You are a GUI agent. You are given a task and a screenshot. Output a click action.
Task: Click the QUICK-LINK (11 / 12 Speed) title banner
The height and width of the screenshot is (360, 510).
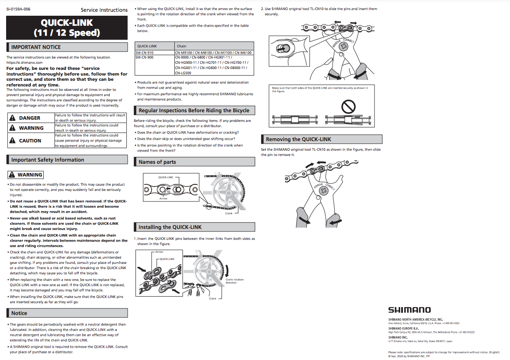[67, 28]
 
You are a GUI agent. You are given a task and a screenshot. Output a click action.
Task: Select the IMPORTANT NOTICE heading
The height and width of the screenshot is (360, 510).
[36, 47]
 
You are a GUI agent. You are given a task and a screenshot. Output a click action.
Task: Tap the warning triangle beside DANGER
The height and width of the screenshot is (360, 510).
[12, 118]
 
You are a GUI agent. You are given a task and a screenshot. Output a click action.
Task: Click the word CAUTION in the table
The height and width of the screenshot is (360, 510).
[30, 141]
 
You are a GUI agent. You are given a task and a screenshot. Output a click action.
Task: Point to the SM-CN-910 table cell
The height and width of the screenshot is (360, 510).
[155, 53]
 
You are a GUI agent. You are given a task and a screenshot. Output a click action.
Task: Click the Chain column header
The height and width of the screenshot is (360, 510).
[181, 46]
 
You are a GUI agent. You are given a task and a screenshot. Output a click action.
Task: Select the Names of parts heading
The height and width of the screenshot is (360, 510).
[157, 162]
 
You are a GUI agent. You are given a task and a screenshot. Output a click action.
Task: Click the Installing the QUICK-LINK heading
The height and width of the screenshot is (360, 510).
[170, 227]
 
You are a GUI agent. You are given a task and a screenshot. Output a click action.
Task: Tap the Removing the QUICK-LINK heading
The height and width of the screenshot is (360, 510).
[298, 139]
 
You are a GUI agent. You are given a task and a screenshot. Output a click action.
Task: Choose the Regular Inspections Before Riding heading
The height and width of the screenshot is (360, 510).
[194, 111]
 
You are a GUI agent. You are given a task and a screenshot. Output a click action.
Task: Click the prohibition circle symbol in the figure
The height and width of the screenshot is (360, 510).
[348, 106]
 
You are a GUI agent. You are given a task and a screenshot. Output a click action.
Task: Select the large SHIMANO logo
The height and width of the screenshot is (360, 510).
[409, 310]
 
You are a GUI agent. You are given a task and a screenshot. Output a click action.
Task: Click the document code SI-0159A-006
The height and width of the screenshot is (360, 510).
[18, 9]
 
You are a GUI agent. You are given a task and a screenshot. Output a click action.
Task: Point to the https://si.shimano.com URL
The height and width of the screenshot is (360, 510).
[24, 62]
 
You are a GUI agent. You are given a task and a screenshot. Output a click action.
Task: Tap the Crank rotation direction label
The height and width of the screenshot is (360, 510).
[235, 281]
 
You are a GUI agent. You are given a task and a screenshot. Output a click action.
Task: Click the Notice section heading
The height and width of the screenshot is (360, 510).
[19, 313]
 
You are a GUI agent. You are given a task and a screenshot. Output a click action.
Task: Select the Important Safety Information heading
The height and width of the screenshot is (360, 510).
[48, 159]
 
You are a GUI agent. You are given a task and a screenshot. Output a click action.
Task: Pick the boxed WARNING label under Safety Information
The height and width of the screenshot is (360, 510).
[26, 175]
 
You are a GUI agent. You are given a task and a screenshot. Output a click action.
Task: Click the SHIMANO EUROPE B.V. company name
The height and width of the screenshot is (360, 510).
[404, 329]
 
